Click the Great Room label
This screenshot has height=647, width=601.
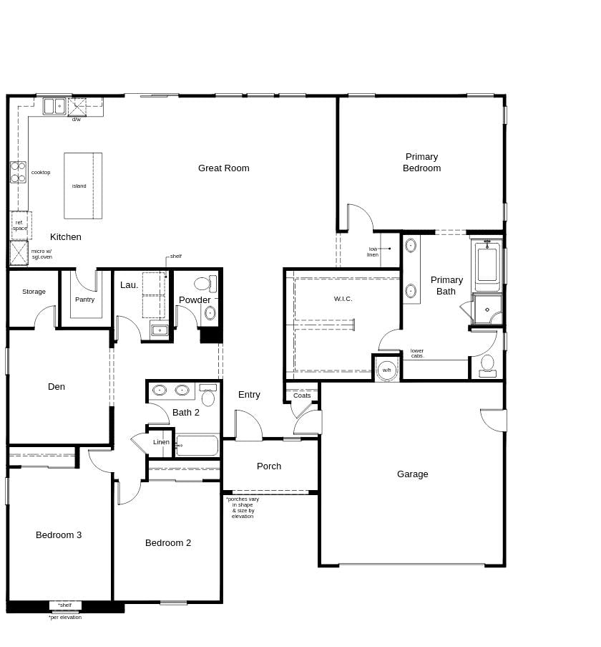[x=224, y=168]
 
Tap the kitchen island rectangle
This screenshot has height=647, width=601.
[x=83, y=186]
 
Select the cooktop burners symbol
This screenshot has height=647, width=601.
[x=18, y=173]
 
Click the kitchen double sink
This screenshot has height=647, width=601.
[x=54, y=106]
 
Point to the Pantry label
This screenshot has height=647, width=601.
[x=84, y=299]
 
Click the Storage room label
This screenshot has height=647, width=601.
[x=34, y=292]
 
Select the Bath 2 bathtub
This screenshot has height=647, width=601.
[x=197, y=446]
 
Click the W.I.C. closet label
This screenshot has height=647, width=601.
[x=343, y=299]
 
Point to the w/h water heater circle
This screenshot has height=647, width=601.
[x=386, y=370]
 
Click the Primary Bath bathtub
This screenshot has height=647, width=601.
[x=487, y=265]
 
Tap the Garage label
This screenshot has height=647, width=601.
[x=413, y=474]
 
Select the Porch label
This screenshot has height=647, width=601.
[x=269, y=466]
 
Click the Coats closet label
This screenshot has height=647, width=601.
[x=302, y=396]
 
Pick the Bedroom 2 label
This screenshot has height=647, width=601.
[x=168, y=543]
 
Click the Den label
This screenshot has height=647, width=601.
[x=57, y=387]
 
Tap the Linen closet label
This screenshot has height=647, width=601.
[x=161, y=442]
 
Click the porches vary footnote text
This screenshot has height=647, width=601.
[x=243, y=507]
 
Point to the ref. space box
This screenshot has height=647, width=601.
[x=21, y=225]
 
